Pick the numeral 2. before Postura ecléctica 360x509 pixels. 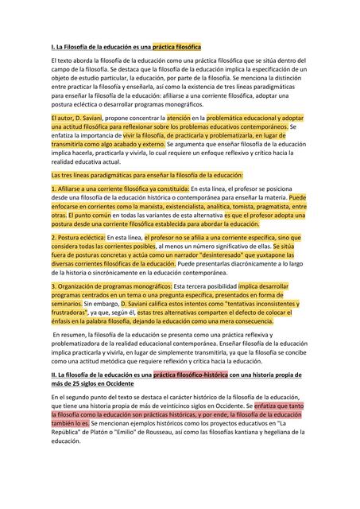coord(53,238)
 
